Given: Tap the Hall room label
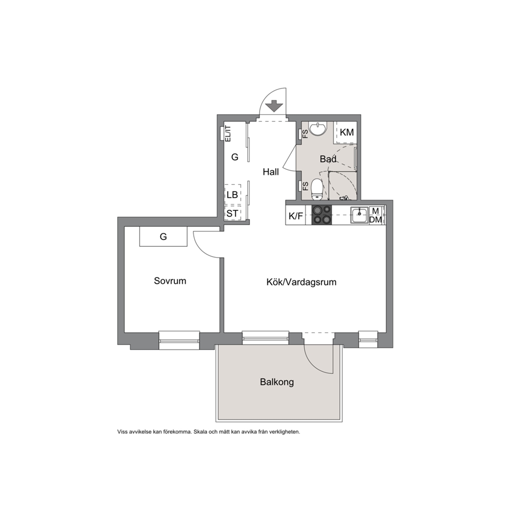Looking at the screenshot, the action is pyautogui.click(x=270, y=172).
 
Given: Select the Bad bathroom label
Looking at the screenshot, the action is pyautogui.click(x=328, y=159).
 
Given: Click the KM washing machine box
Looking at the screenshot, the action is pyautogui.click(x=347, y=132).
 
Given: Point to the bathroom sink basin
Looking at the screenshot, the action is pyautogui.click(x=317, y=129).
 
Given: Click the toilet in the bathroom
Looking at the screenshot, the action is pyautogui.click(x=317, y=190).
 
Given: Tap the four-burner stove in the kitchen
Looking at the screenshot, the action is pyautogui.click(x=322, y=215).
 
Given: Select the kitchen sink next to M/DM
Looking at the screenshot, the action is pyautogui.click(x=359, y=215).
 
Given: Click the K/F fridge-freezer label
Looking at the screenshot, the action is pyautogui.click(x=296, y=215).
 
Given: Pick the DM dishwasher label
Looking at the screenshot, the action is pyautogui.click(x=376, y=220).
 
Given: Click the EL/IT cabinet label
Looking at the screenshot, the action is pyautogui.click(x=228, y=134).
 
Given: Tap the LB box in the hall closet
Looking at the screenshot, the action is pyautogui.click(x=232, y=195).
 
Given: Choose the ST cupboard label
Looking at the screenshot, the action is pyautogui.click(x=232, y=214).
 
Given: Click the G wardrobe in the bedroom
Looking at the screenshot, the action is pyautogui.click(x=163, y=236).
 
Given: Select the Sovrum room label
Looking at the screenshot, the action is pyautogui.click(x=170, y=281).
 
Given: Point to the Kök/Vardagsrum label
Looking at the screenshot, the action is pyautogui.click(x=301, y=282).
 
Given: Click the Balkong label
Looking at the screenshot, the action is pyautogui.click(x=277, y=382).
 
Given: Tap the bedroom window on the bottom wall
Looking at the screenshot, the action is pyautogui.click(x=179, y=340).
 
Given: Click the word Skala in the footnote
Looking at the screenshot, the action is pyautogui.click(x=201, y=432).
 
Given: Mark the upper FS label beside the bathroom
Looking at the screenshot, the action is pyautogui.click(x=305, y=134).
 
